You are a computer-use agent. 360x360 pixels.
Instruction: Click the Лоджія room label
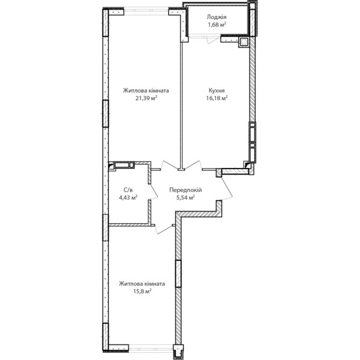click(216, 17)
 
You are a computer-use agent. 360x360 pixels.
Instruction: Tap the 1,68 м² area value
click(217, 25)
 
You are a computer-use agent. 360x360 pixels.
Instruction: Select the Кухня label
click(217, 90)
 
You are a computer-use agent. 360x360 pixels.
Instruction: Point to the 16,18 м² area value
click(217, 98)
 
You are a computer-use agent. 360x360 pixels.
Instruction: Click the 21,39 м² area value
click(146, 98)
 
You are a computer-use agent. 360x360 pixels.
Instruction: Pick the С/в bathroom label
click(128, 190)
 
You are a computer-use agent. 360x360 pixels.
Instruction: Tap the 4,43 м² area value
click(128, 197)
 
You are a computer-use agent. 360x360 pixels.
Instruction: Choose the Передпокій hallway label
click(185, 190)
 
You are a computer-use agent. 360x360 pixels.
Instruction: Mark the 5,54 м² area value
click(185, 197)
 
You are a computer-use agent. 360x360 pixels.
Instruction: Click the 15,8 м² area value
click(142, 292)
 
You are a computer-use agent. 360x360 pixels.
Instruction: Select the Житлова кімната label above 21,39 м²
click(146, 91)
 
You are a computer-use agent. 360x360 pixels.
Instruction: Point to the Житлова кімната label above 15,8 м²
click(142, 284)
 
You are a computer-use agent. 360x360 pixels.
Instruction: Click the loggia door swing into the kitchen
click(212, 40)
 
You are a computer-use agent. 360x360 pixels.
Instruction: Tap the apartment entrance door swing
click(227, 188)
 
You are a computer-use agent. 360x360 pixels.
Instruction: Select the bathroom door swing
click(154, 191)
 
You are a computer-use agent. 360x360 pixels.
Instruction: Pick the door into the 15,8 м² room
click(163, 230)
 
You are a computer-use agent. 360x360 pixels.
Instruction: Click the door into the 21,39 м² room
click(169, 165)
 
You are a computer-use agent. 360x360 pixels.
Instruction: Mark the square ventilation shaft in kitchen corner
click(244, 42)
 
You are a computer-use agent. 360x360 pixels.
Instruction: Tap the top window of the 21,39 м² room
click(146, 11)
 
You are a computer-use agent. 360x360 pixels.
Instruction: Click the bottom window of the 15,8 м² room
click(151, 348)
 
